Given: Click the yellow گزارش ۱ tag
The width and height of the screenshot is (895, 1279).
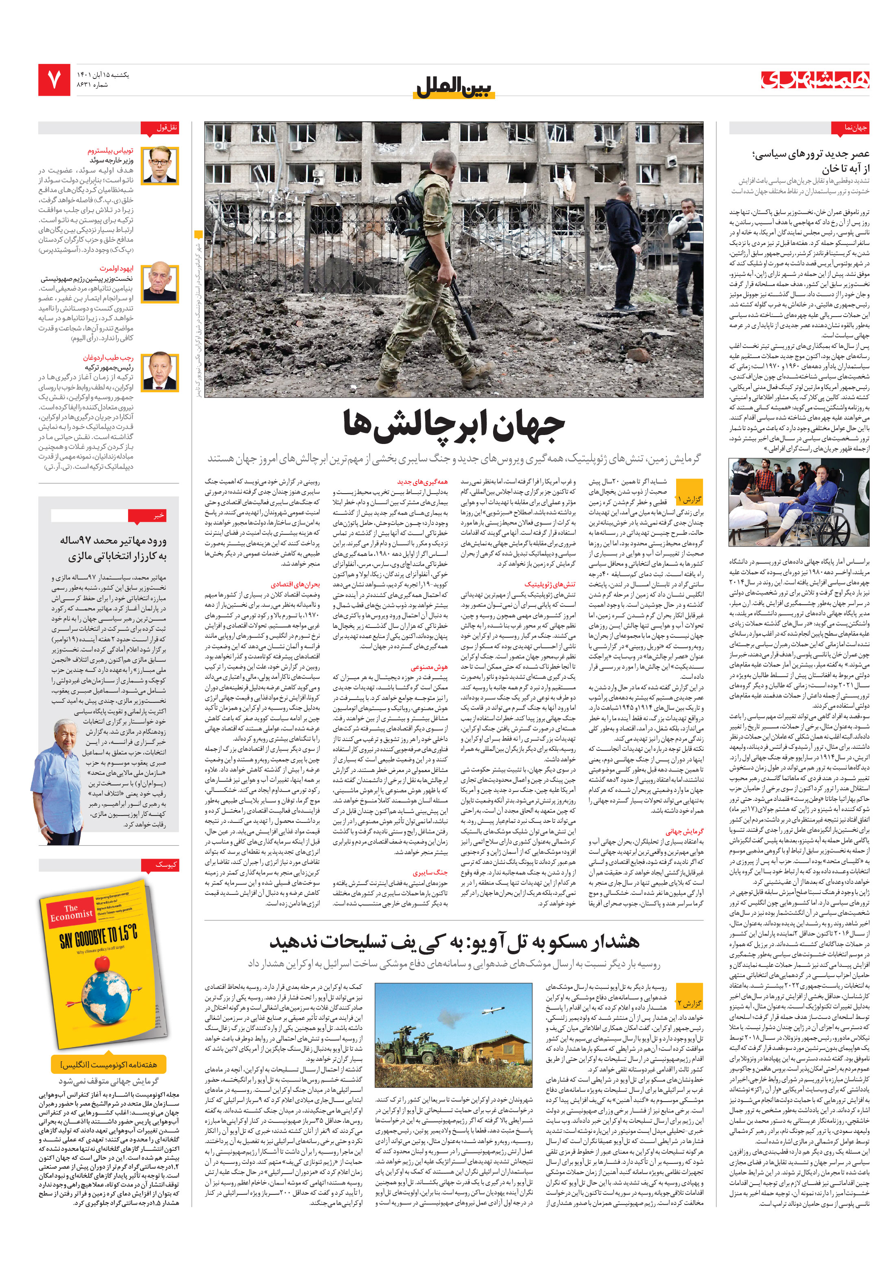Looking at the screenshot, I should (x=689, y=498).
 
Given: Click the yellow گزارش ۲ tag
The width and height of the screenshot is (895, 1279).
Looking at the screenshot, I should (x=689, y=1003).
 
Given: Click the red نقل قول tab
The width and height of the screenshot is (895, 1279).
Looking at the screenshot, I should (x=168, y=128).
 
